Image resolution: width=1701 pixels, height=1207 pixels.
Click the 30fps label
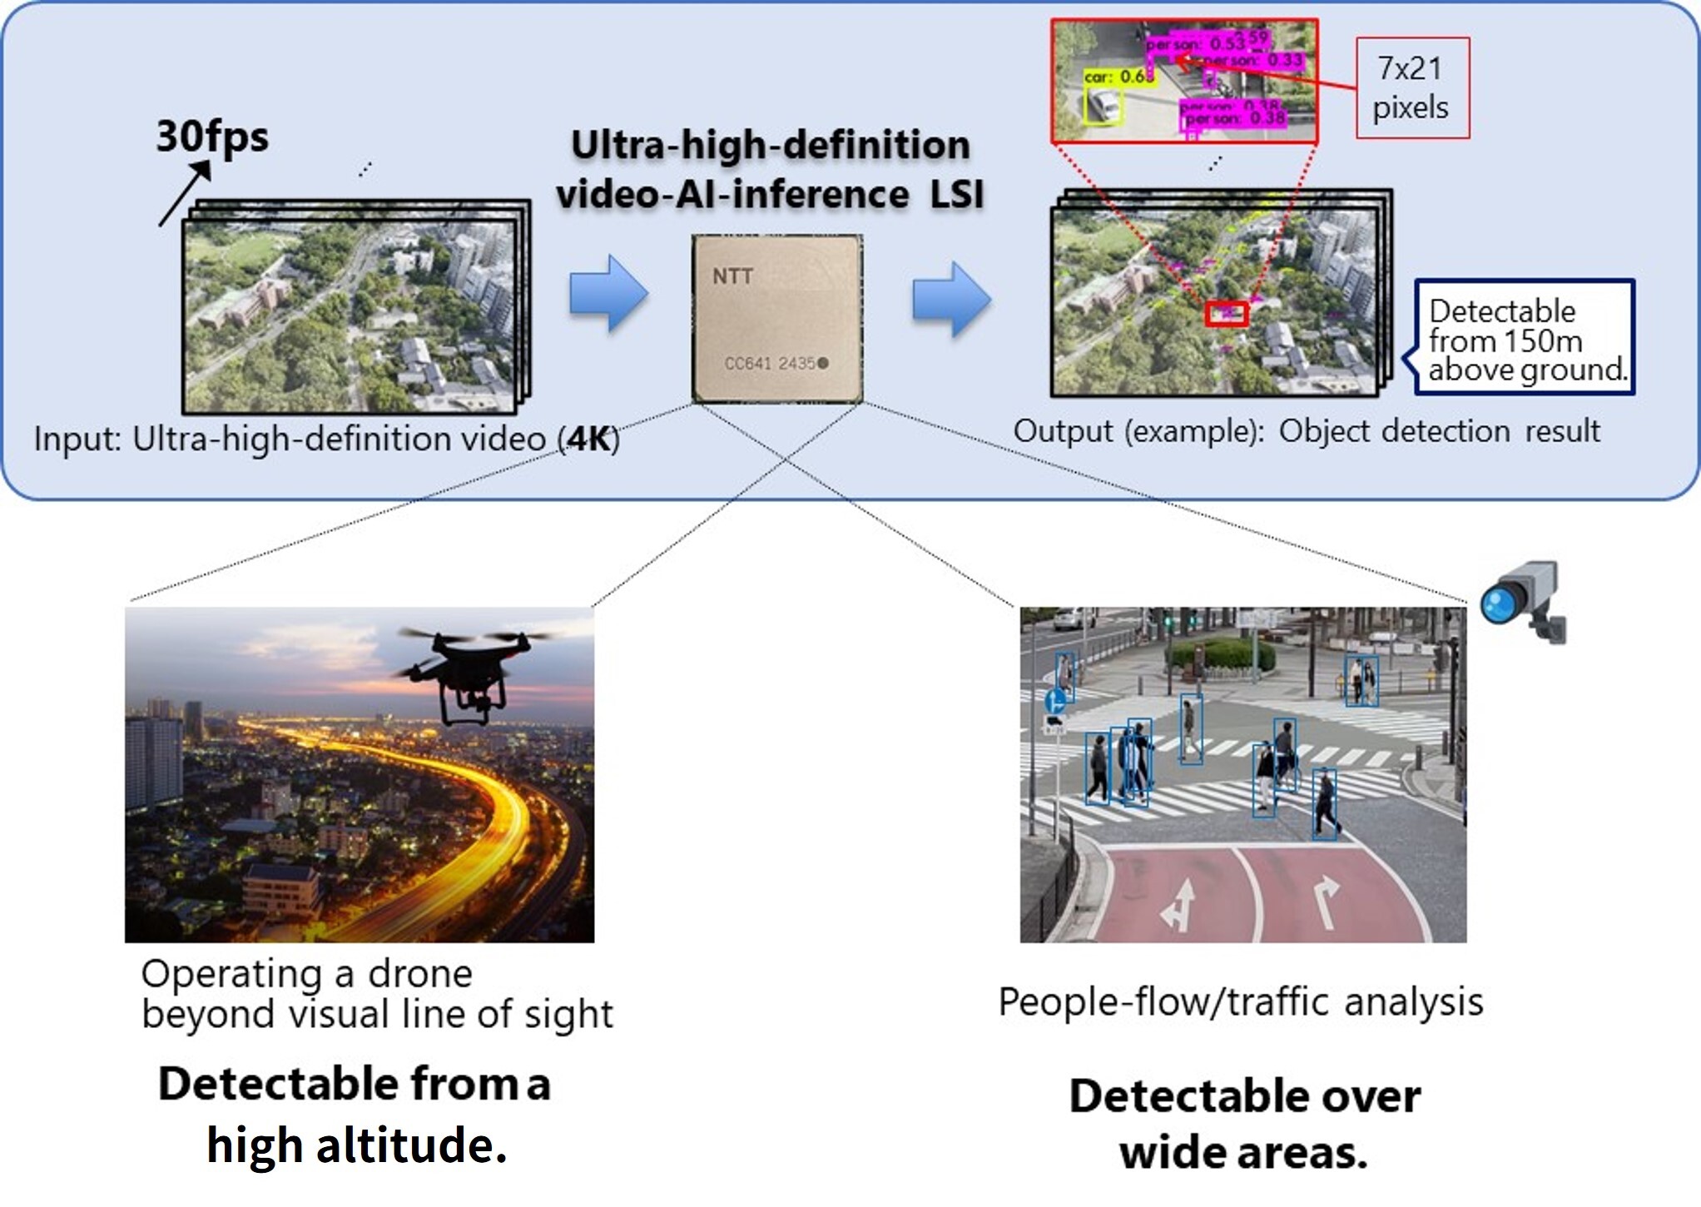pyautogui.click(x=212, y=136)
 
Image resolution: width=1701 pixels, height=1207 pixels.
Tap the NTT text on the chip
pyautogui.click(x=732, y=276)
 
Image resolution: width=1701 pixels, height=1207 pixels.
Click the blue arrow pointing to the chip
pyautogui.click(x=608, y=293)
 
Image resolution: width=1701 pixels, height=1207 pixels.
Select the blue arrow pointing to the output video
pyautogui.click(x=951, y=299)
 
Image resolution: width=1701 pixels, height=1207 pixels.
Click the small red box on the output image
pyautogui.click(x=1227, y=313)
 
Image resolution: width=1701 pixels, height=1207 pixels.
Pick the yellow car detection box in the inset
pyautogui.click(x=1103, y=107)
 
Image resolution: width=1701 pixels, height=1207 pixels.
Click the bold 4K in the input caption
pyautogui.click(x=589, y=439)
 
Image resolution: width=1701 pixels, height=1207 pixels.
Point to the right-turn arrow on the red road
pyautogui.click(x=1325, y=901)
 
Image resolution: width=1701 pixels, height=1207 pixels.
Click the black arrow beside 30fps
pyautogui.click(x=185, y=193)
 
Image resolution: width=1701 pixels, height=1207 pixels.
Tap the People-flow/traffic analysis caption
pyautogui.click(x=1240, y=1002)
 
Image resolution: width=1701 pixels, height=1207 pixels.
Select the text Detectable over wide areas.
pyautogui.click(x=1244, y=1124)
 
